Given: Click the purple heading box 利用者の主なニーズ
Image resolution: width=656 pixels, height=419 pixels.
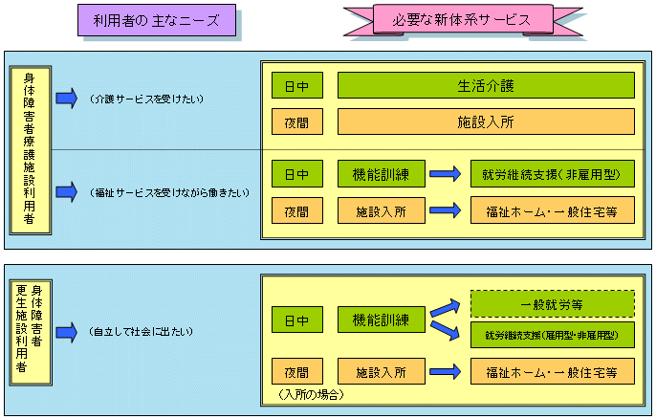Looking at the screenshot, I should (156, 19).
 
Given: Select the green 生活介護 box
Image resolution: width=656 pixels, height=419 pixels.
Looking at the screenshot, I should (487, 85).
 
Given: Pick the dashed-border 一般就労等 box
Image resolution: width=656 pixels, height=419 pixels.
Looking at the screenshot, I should (553, 304).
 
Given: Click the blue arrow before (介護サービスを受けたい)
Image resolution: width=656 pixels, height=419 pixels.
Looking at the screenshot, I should (66, 99).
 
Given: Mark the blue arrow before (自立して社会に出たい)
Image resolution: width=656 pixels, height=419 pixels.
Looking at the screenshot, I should (66, 331).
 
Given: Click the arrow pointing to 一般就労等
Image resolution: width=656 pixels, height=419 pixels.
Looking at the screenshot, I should (443, 308).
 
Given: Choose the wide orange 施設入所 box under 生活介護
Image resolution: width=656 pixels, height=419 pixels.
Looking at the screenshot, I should (487, 121).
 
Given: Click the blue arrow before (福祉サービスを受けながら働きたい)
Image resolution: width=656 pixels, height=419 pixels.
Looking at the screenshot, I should (66, 192).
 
